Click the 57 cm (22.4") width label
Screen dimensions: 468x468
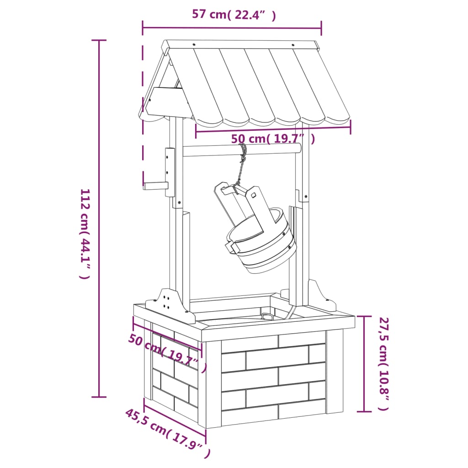234,15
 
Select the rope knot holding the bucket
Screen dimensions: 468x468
243,158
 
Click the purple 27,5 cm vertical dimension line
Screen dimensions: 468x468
364,363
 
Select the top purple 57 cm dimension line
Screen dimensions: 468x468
232,28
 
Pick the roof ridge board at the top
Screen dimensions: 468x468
242,45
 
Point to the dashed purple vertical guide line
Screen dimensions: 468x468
143,114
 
